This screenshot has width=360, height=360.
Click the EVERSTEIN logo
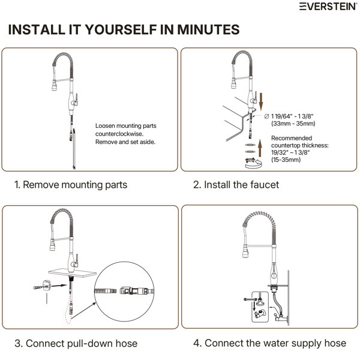328,7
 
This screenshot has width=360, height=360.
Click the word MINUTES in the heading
208,29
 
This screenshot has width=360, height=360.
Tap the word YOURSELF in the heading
121,29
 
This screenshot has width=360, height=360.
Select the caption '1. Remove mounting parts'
71,185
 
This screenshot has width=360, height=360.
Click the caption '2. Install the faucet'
236,185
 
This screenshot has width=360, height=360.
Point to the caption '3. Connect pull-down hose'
76,344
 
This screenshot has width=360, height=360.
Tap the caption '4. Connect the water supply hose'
270,343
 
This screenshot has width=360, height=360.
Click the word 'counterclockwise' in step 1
119,134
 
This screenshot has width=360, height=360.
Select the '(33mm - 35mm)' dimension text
293,124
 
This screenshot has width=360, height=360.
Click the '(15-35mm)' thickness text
286,160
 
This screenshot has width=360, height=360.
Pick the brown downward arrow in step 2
261,101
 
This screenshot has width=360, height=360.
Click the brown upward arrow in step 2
260,148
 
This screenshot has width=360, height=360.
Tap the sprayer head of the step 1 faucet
55,85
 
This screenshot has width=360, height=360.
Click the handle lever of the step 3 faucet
76,260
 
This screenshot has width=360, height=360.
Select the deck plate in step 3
73,272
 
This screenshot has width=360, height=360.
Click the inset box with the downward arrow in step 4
260,307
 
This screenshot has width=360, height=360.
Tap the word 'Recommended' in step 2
292,138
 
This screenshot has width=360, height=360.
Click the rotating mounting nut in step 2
253,163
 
